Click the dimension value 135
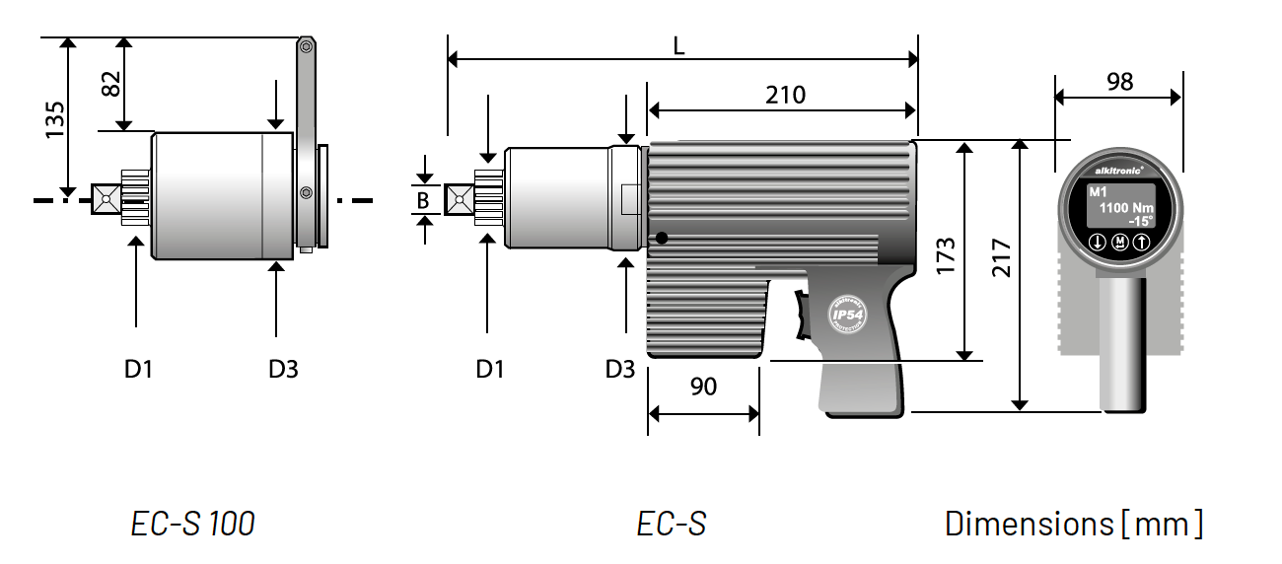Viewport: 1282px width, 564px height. click(55, 119)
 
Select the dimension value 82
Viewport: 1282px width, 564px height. click(110, 83)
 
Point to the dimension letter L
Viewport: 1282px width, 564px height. click(679, 45)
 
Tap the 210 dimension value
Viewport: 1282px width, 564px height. click(785, 95)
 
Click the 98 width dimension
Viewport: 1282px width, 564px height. click(1119, 82)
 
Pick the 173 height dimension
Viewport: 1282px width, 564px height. click(946, 256)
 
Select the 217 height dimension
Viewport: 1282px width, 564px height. click(1002, 259)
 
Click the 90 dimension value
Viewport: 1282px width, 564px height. click(703, 387)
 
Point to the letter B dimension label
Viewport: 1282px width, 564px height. click(423, 200)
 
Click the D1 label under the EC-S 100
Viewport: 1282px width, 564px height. click(138, 369)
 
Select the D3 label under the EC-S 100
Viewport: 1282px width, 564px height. click(283, 369)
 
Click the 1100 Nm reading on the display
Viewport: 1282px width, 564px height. click(1125, 208)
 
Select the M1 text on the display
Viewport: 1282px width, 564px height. click(1098, 191)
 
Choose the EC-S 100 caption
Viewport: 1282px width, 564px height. click(192, 523)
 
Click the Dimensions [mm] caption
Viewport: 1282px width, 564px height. click(1073, 523)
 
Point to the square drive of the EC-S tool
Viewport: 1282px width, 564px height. click(459, 200)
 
